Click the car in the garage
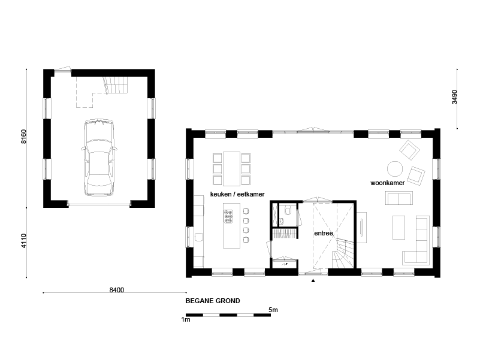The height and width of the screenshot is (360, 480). (99, 157)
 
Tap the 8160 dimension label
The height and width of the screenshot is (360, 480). (24, 137)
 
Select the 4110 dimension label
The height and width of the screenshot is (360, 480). (24, 241)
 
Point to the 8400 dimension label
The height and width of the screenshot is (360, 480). (117, 290)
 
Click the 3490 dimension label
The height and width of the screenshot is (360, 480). (455, 97)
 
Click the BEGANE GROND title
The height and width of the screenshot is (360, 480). (213, 301)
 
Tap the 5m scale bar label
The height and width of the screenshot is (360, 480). (273, 310)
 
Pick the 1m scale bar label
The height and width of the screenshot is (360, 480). (186, 320)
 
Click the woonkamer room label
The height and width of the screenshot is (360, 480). (388, 183)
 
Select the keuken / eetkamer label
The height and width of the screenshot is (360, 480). (237, 195)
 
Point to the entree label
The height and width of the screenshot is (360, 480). (324, 233)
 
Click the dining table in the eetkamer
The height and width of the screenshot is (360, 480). (231, 169)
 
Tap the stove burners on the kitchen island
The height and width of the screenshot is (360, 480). (228, 216)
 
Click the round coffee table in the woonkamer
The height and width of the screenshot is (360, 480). (395, 169)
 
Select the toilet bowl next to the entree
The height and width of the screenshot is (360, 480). (288, 210)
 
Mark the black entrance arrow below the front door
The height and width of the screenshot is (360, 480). (313, 280)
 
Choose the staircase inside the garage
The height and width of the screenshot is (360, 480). (116, 85)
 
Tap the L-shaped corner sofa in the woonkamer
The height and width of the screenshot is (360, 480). (417, 240)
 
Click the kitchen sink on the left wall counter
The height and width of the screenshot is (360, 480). (199, 237)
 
